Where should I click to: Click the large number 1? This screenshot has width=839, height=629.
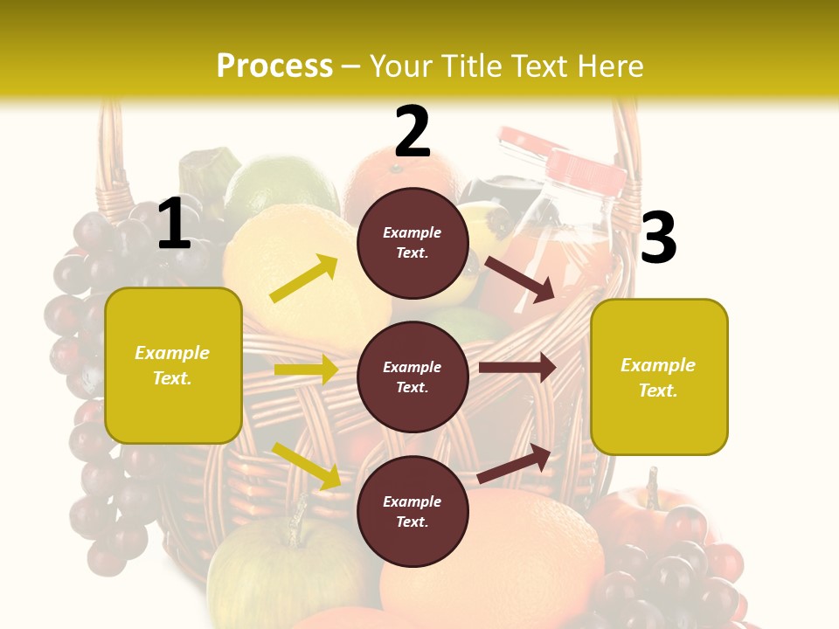(174, 225)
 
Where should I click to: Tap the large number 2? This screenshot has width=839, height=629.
(413, 132)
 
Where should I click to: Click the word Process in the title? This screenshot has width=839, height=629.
(274, 66)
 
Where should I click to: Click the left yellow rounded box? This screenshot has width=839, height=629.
(173, 365)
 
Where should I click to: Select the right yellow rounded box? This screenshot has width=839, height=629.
(659, 377)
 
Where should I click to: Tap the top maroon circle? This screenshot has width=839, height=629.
(413, 243)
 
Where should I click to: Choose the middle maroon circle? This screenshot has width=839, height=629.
(413, 377)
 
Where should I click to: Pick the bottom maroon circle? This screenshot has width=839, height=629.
(413, 512)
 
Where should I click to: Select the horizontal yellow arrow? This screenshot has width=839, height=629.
(306, 370)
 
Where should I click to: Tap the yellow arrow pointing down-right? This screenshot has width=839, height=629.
(306, 466)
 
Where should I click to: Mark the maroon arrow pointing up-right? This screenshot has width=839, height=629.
(514, 464)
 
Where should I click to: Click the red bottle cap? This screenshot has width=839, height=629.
(586, 169)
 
